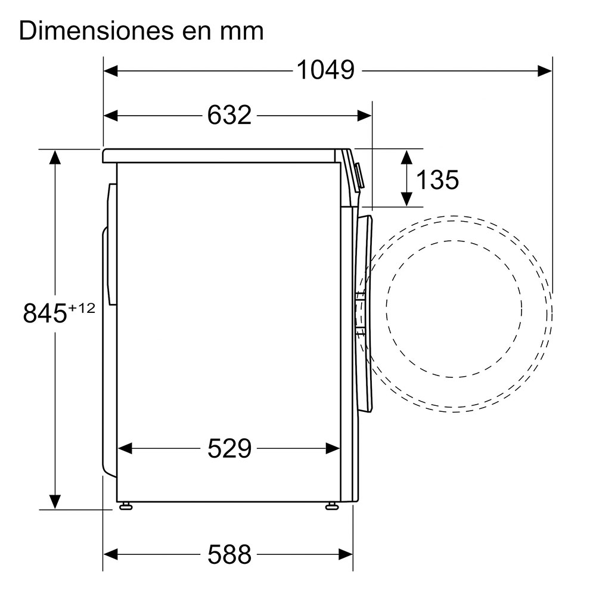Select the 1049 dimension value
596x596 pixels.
point(325,70)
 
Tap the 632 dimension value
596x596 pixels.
point(229,115)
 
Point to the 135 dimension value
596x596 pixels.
point(437,179)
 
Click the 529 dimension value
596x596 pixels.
point(229,449)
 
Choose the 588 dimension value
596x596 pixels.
point(229,554)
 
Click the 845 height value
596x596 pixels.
point(45,313)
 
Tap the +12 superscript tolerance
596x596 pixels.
point(81,308)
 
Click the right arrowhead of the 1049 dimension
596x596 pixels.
point(545,71)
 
